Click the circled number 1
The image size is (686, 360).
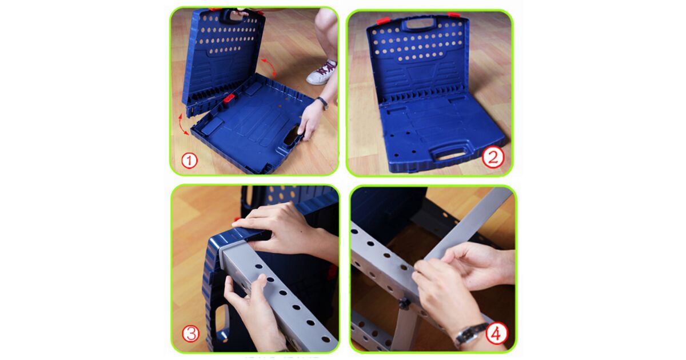189,161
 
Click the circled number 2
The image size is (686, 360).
493,157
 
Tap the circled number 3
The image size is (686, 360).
190,333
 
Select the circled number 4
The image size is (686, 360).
496,333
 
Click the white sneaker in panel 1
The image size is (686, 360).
321,73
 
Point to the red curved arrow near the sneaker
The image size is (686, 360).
269,67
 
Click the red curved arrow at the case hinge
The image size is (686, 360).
183,125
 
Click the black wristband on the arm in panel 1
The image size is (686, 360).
322,102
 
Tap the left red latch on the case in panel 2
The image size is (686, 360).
383,21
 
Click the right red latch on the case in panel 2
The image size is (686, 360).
453,14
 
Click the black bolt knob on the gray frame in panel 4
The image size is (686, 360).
405,303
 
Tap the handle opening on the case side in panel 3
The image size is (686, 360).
221,321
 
